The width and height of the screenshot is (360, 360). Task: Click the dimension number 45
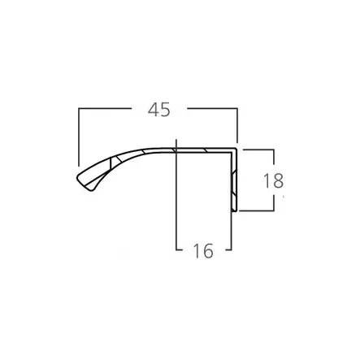click(159, 110)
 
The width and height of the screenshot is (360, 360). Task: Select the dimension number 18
click(274, 180)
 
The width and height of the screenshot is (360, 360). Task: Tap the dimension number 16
click(203, 250)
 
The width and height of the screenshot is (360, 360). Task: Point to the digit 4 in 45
click(154, 110)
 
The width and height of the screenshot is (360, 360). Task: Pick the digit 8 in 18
click(278, 180)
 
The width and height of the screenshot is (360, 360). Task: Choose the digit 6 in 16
click(208, 250)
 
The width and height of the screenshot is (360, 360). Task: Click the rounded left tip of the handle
click(77, 178)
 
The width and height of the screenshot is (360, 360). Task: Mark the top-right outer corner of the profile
click(237, 148)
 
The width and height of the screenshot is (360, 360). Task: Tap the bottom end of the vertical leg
click(235, 211)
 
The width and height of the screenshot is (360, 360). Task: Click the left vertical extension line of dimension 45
click(79, 137)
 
